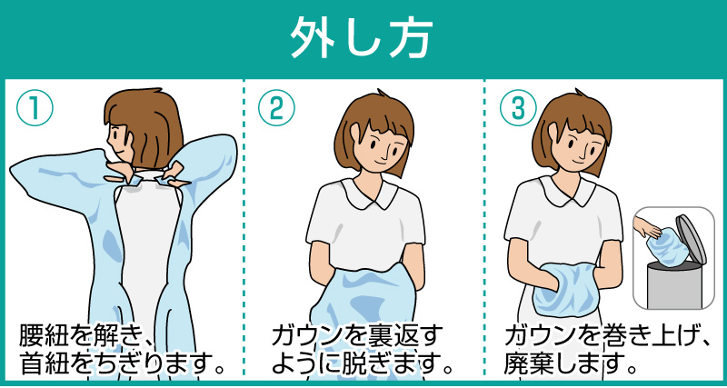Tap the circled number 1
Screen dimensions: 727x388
click(35, 107)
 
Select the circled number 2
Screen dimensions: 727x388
click(276, 107)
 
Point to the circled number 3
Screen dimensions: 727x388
click(518, 107)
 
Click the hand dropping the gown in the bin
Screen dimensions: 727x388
click(648, 226)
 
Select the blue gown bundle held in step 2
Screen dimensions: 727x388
click(366, 296)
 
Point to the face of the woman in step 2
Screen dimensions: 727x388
click(379, 147)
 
